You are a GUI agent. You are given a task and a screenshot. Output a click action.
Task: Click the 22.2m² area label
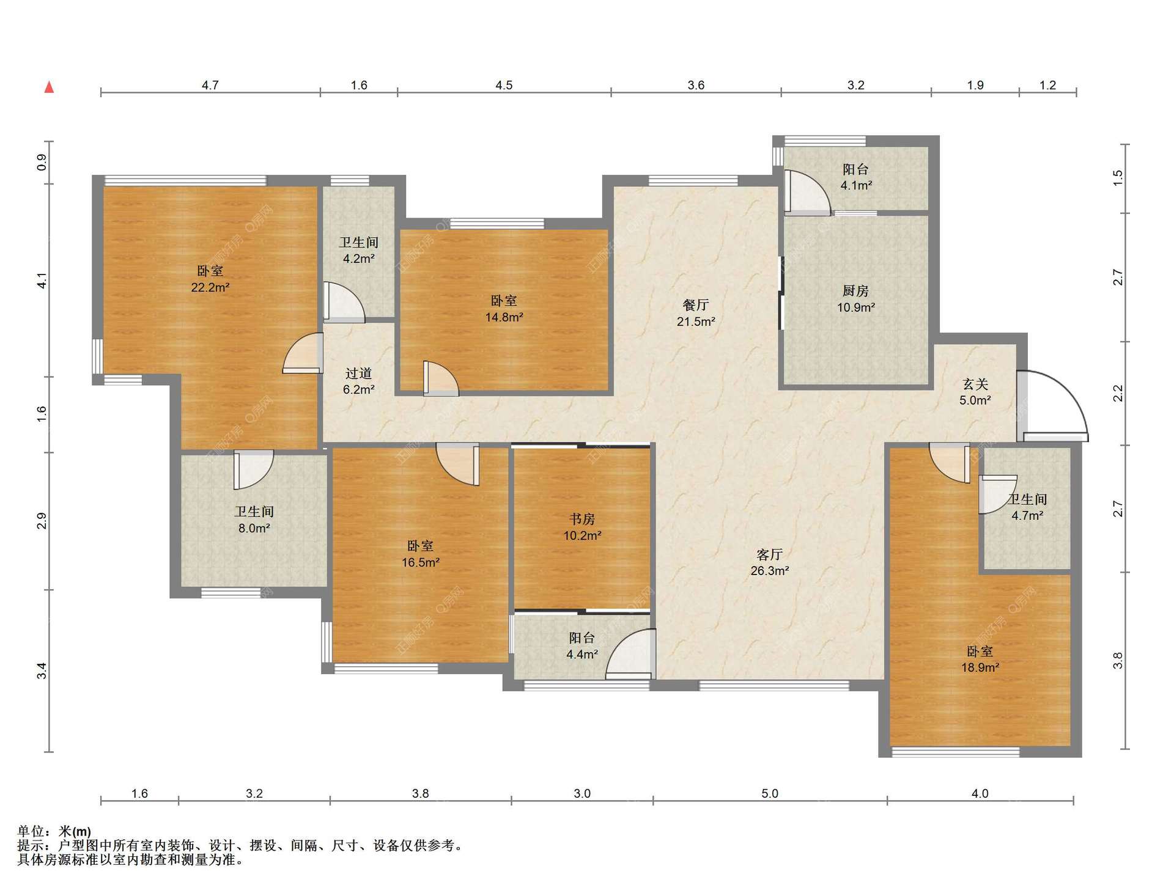tap(210, 287)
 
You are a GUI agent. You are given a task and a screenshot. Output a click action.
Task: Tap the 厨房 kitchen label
tap(855, 291)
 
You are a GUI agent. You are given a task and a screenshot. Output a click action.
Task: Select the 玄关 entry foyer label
tap(975, 384)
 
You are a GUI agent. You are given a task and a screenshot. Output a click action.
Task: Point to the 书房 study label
tap(582, 519)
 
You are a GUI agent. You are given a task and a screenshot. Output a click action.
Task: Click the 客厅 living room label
tap(769, 554)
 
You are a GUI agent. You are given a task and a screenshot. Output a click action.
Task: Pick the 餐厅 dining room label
tap(696, 305)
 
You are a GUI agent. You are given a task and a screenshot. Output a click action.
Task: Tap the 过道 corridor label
tap(359, 373)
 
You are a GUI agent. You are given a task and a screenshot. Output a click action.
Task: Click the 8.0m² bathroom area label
tap(254, 528)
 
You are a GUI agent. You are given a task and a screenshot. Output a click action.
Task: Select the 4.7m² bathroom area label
tap(1027, 515)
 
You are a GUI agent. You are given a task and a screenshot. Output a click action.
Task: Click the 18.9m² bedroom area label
tap(980, 667)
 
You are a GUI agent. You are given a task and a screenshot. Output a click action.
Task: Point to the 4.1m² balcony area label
tap(856, 185)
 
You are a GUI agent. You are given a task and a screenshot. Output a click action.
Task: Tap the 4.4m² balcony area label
tap(582, 654)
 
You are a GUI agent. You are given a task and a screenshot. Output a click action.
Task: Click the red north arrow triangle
tap(49, 87)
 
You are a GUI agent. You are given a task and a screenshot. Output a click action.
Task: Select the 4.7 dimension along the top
tap(210, 85)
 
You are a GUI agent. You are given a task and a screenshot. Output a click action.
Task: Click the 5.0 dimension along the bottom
tap(770, 793)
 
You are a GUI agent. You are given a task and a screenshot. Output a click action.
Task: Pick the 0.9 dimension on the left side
tap(42, 163)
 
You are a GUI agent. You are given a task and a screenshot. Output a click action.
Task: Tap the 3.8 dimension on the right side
tap(1118, 661)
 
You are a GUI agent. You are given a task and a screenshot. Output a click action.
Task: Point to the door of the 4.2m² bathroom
tap(344, 302)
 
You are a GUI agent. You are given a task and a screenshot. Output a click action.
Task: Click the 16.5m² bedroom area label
tap(421, 562)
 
